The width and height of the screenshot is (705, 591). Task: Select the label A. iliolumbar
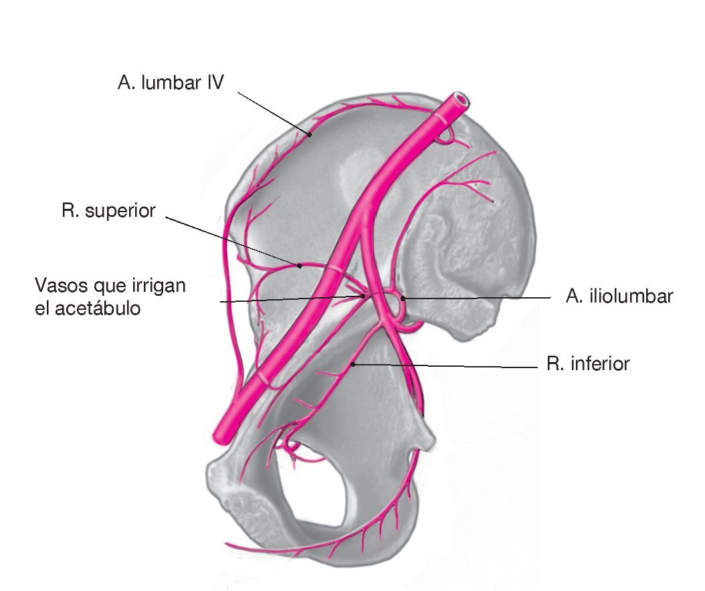[x=619, y=297]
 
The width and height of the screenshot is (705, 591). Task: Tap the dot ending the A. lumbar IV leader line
[x=310, y=135]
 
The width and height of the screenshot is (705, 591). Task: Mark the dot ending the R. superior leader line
[x=300, y=266]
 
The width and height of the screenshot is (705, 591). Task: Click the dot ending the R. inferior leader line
[x=352, y=363]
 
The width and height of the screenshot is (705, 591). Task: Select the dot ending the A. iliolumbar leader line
[x=403, y=298]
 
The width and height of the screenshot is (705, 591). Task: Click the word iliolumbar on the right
[x=630, y=297]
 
